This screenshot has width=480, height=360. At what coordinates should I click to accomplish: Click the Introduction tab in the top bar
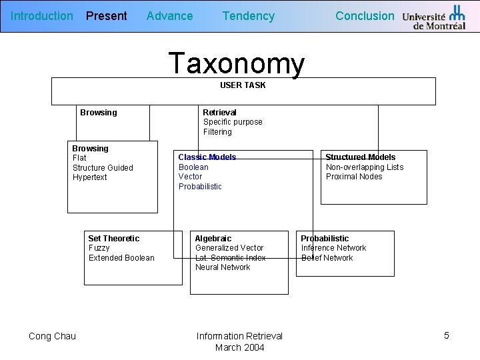tap(42, 16)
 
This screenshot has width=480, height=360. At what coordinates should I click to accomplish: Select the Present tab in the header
tap(106, 16)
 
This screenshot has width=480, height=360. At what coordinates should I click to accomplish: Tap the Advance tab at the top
tap(169, 16)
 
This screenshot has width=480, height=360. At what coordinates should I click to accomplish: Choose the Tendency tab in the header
tap(248, 16)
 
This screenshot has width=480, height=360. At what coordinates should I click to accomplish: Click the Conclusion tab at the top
tap(365, 16)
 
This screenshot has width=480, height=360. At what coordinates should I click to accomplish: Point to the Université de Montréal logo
tap(434, 18)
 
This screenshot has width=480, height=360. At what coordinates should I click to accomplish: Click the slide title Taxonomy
tap(237, 63)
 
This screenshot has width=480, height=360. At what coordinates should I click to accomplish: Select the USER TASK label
tap(243, 85)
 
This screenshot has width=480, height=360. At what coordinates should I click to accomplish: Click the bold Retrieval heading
tap(219, 113)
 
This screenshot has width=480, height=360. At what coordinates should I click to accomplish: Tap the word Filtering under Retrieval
tap(217, 132)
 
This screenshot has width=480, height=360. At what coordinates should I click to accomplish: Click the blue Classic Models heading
tap(207, 157)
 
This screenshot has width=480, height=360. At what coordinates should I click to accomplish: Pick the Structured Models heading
tap(360, 157)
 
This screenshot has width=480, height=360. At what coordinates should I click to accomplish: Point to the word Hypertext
tap(89, 177)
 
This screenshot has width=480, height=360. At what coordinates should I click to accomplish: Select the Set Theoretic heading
tap(114, 239)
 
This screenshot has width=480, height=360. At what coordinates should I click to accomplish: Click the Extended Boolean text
tap(121, 258)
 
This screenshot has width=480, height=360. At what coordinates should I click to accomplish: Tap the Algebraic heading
tap(213, 239)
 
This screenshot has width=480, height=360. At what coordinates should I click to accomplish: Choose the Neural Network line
tap(223, 267)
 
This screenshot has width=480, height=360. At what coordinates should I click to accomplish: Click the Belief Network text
tap(327, 258)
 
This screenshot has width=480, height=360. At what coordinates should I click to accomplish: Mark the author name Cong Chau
tap(52, 336)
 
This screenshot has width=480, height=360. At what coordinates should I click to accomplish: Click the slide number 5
tap(447, 335)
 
